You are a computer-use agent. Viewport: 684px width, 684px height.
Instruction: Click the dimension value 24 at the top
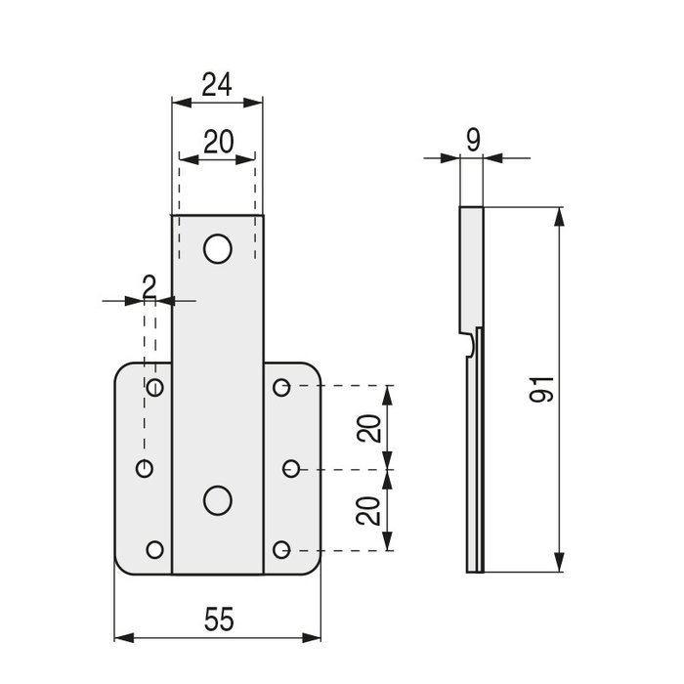tap(217, 85)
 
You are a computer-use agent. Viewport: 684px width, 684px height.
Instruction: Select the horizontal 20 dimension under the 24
tap(217, 142)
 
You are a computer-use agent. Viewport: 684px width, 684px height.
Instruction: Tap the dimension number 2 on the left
tap(149, 285)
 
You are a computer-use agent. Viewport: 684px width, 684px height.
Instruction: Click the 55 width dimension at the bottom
tap(218, 619)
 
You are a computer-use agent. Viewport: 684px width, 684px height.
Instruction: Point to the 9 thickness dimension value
tap(473, 140)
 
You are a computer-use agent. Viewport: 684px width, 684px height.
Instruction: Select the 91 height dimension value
tap(544, 388)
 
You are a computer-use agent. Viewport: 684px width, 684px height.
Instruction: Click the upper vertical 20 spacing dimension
tap(369, 427)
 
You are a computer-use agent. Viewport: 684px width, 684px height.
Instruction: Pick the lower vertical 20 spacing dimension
tap(369, 509)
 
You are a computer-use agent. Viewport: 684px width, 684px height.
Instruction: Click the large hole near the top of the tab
tap(217, 249)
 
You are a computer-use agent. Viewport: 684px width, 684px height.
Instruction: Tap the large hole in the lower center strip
tap(217, 499)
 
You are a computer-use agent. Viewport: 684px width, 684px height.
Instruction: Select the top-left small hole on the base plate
tap(154, 388)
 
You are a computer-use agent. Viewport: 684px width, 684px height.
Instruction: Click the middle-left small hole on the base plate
tap(145, 469)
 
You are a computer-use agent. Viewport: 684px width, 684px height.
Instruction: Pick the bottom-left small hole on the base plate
tap(154, 549)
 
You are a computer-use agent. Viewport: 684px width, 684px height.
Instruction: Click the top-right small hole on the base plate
tap(281, 388)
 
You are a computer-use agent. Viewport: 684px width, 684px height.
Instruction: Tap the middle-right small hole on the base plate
tap(291, 469)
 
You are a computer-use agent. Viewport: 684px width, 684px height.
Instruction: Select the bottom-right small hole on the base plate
tap(281, 549)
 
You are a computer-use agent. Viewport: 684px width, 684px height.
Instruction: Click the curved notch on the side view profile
tap(472, 343)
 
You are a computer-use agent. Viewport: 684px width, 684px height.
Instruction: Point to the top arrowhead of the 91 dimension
tap(560, 216)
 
